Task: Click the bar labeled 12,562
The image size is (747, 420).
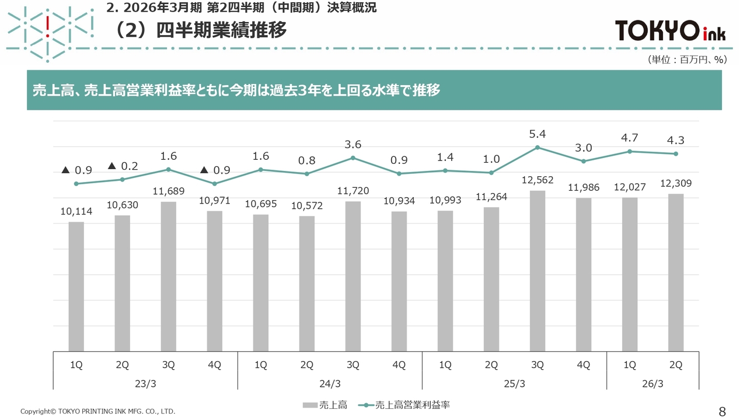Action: point(537,271)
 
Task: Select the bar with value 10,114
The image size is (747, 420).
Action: point(76,286)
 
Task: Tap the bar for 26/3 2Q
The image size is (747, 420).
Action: point(676,272)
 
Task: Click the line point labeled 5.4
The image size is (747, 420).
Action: point(537,148)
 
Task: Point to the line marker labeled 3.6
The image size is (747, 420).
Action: point(353,157)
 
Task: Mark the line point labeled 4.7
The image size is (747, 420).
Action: point(630,151)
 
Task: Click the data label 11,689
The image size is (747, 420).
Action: point(168,191)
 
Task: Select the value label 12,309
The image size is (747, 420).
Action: point(676,183)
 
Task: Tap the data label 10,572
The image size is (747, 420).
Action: point(307,205)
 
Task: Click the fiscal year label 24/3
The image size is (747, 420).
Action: point(330,384)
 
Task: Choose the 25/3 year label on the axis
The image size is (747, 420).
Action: point(514,384)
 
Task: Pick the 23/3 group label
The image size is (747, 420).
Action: point(145,384)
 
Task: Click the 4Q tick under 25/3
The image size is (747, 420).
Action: point(584,365)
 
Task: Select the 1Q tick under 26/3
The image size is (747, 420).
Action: point(630,365)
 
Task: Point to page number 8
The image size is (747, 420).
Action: point(722,411)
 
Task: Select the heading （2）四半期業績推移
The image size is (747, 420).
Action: point(198,31)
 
